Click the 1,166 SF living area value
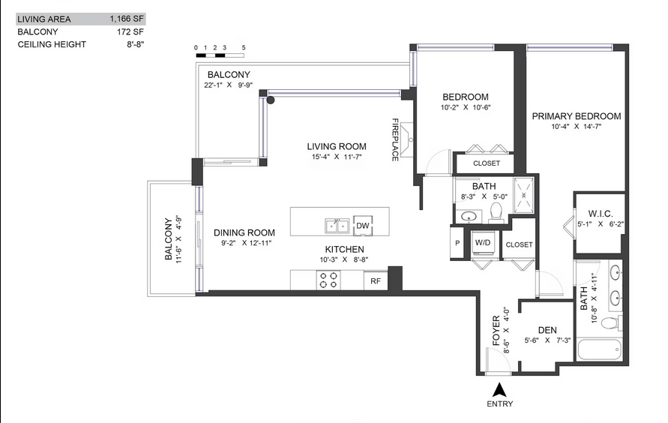click(127, 19)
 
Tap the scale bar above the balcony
click(219, 55)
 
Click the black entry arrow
click(500, 389)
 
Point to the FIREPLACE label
click(395, 139)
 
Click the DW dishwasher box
click(363, 226)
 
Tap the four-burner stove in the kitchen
click(328, 280)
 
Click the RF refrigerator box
click(375, 281)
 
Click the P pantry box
click(457, 243)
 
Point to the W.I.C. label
click(601, 214)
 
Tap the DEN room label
click(547, 329)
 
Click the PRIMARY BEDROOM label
click(577, 116)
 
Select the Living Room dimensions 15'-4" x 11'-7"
click(336, 157)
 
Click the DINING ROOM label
click(244, 232)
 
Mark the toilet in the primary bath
click(612, 323)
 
